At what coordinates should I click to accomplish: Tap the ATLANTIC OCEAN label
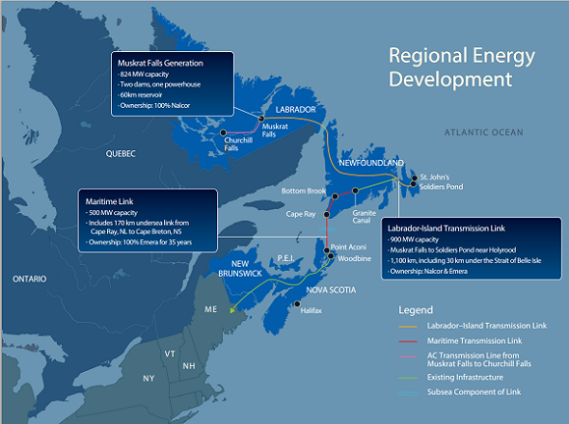pyautogui.click(x=483, y=129)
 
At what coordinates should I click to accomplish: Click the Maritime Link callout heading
pyautogui.click(x=107, y=200)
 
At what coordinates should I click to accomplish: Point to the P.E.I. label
pyautogui.click(x=290, y=258)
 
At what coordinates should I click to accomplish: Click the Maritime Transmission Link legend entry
pyautogui.click(x=474, y=341)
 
